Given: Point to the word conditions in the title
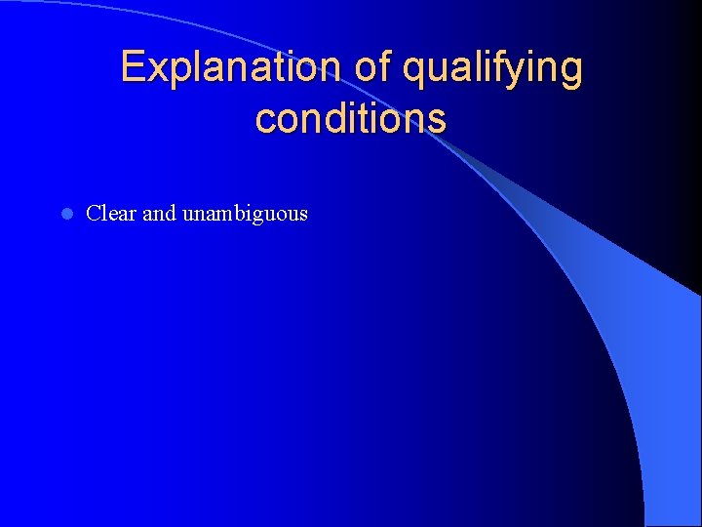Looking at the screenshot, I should [350, 119].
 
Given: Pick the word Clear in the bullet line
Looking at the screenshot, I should [111, 213].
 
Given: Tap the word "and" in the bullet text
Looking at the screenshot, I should [159, 213].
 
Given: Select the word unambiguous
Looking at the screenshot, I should [245, 214].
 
